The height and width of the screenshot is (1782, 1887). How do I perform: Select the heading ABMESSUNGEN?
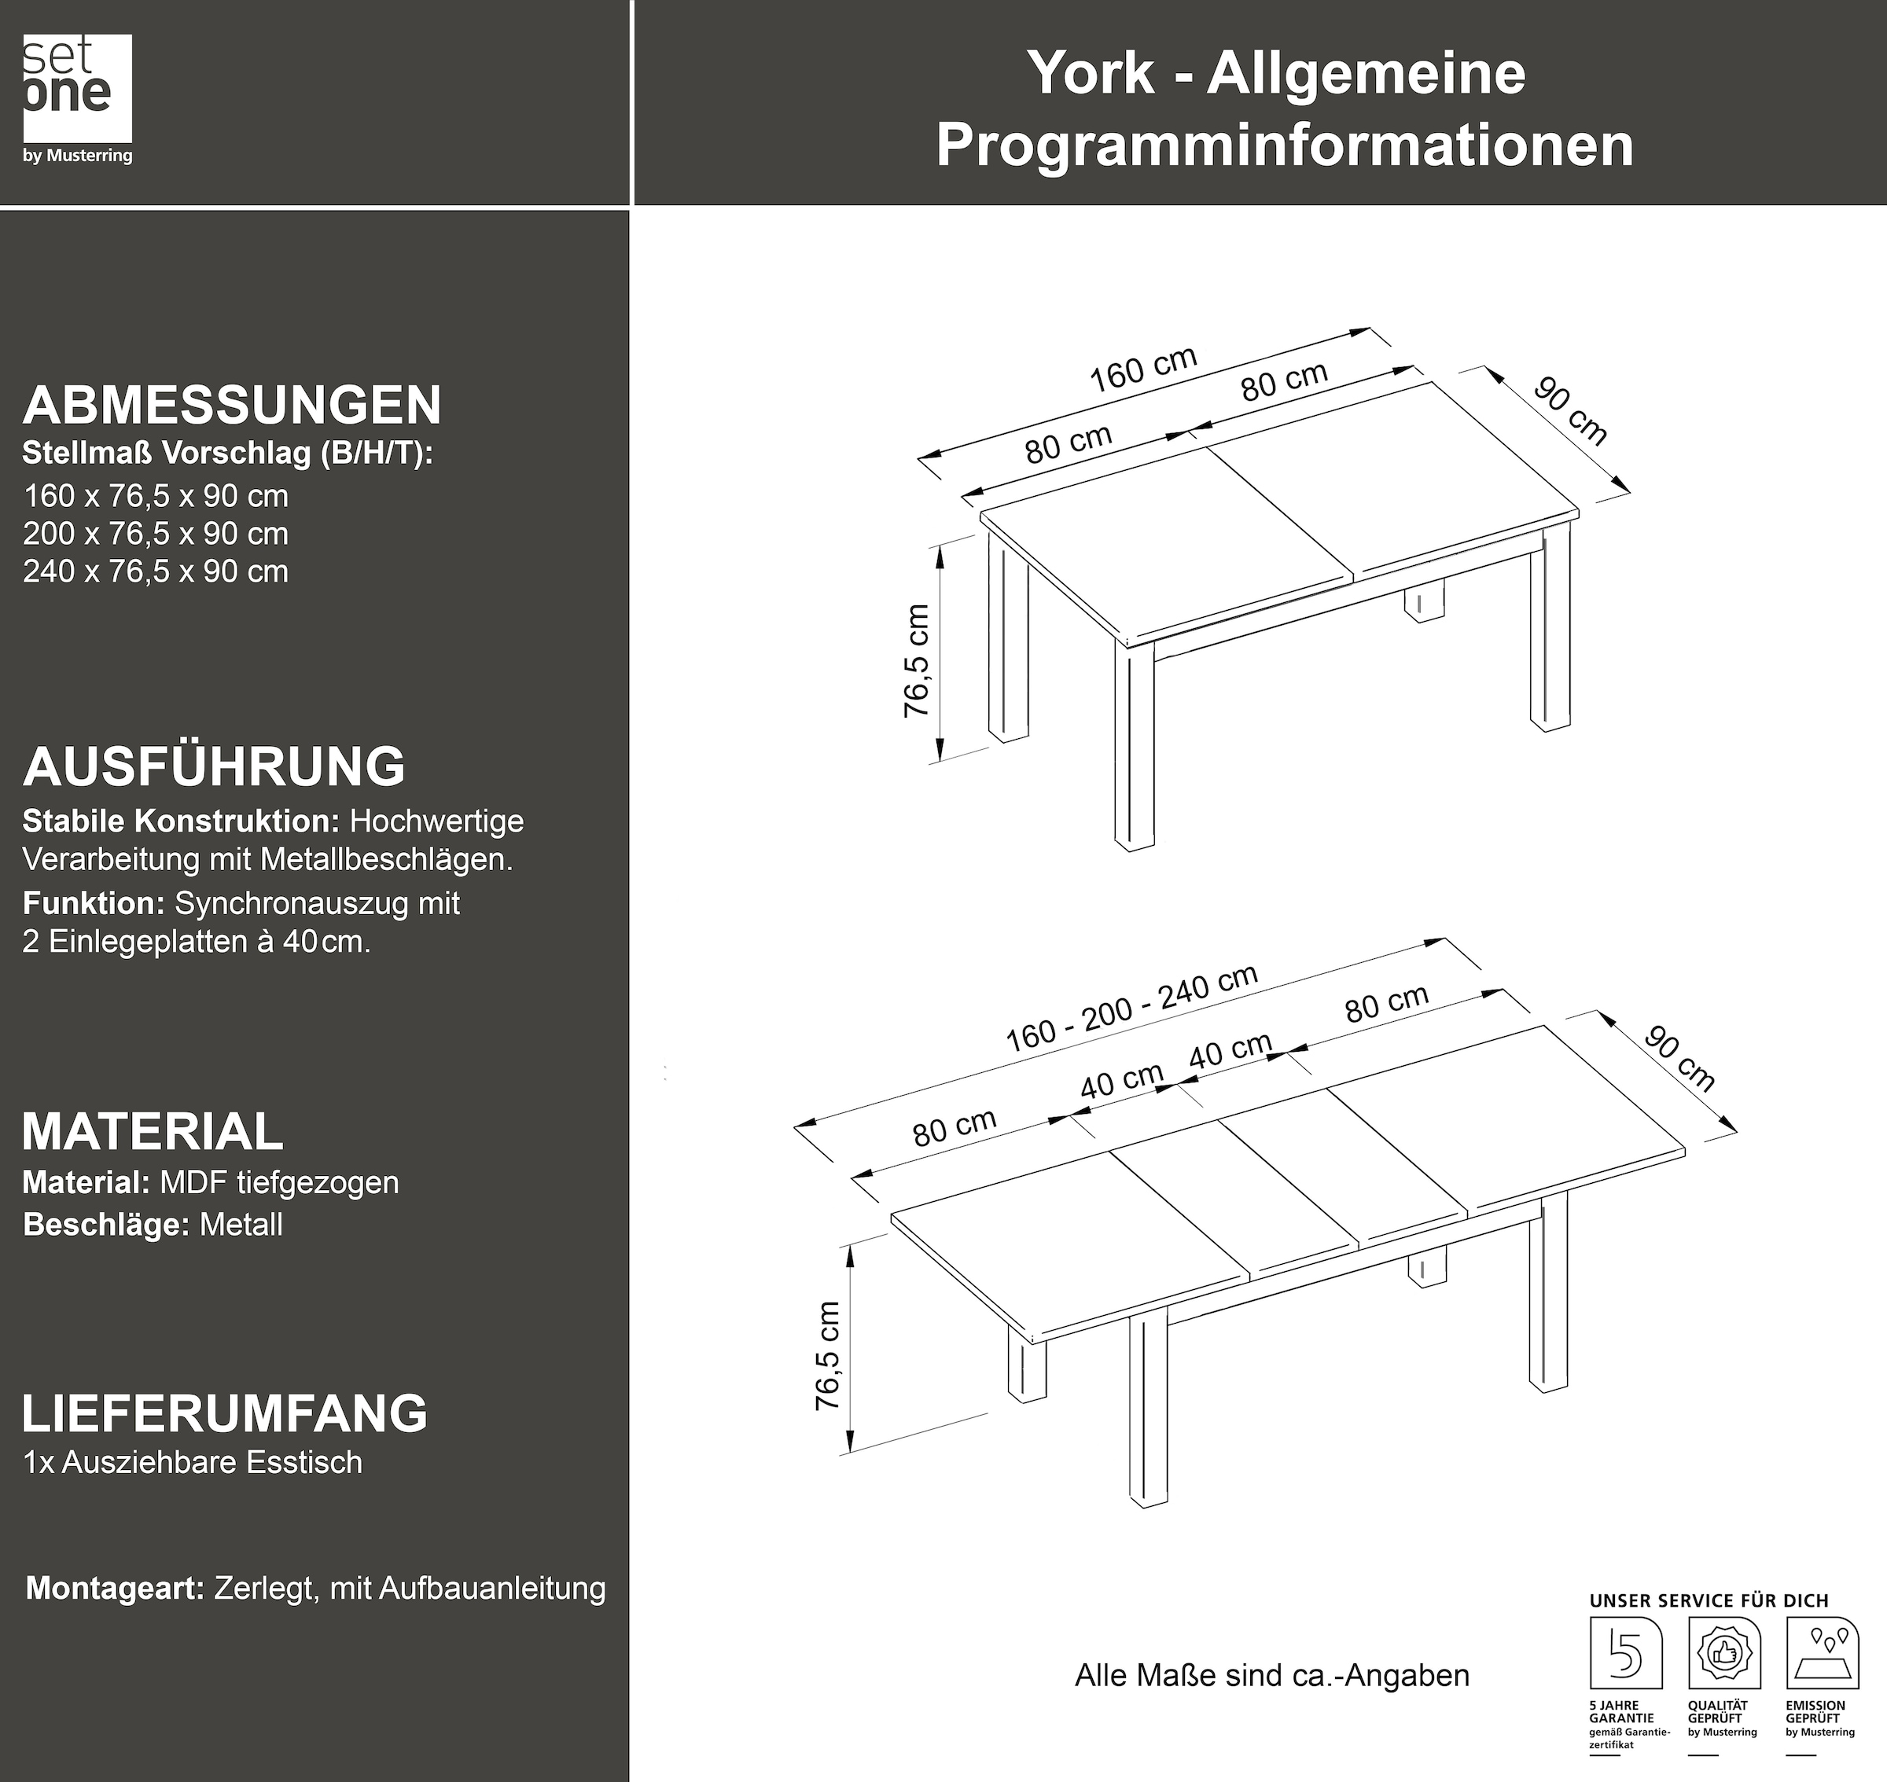(x=232, y=406)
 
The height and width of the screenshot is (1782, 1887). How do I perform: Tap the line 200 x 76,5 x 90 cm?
(x=156, y=534)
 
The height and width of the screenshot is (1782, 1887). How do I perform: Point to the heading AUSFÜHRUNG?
(x=214, y=766)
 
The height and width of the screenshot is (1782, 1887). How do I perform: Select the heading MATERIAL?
(x=152, y=1131)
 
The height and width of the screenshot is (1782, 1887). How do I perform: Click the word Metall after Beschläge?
(x=241, y=1225)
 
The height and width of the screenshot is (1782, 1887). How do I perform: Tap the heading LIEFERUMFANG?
(x=224, y=1413)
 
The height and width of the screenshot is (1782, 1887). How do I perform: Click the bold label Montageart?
(x=115, y=1587)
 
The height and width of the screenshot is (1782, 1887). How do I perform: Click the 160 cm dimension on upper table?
(x=1142, y=369)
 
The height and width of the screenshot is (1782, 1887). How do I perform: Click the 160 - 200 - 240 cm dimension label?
(x=1131, y=1009)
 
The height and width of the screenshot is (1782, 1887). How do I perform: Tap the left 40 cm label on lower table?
(x=1121, y=1080)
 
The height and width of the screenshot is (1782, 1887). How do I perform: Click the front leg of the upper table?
(x=1135, y=746)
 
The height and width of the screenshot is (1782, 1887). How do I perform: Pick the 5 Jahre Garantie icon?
(x=1626, y=1654)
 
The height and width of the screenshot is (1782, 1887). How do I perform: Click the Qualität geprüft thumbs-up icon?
(x=1723, y=1654)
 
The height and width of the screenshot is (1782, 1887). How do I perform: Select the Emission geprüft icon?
(x=1823, y=1654)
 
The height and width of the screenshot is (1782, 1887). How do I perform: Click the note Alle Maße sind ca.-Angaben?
(x=1271, y=1674)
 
